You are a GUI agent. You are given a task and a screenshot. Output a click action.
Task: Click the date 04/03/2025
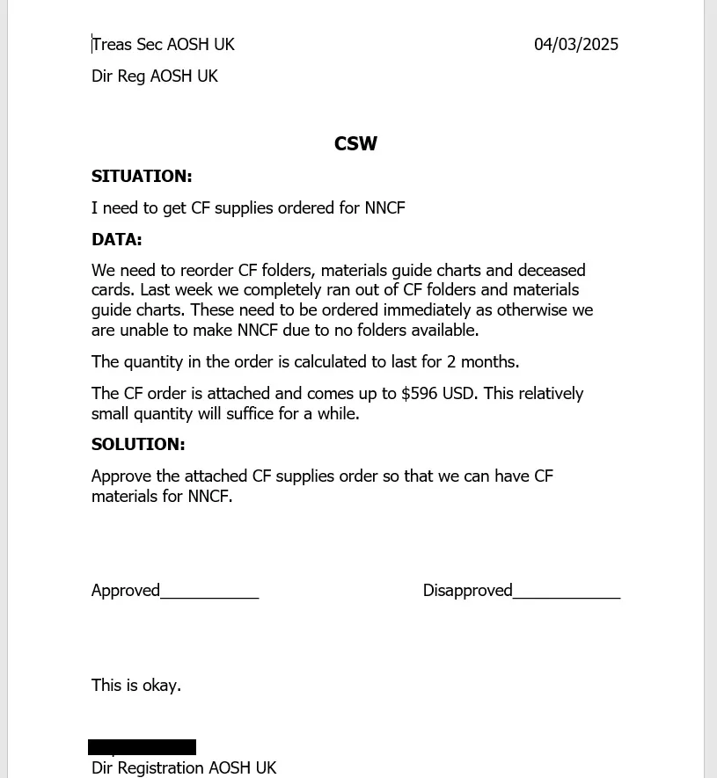576,44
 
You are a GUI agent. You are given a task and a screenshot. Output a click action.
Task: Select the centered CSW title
355,144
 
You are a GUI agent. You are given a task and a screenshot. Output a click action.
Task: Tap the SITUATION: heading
142,176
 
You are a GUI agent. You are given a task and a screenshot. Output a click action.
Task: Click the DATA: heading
117,239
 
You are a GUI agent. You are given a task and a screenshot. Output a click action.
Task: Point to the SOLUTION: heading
138,444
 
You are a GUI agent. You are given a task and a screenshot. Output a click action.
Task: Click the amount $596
420,393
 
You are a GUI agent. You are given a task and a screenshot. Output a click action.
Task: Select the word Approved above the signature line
126,590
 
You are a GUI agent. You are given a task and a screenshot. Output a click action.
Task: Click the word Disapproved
467,590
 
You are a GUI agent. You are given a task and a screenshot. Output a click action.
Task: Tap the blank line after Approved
209,594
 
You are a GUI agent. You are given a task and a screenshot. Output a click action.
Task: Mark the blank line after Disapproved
567,594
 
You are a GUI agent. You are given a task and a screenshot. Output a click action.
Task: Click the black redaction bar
142,747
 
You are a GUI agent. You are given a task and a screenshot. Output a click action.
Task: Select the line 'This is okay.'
136,685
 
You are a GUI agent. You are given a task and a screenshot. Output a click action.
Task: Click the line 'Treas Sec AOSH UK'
164,44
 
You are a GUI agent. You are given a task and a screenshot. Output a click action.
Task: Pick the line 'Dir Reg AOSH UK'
155,76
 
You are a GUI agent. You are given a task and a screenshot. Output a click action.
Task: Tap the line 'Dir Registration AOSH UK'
184,767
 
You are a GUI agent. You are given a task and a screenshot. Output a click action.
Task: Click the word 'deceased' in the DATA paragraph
552,270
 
